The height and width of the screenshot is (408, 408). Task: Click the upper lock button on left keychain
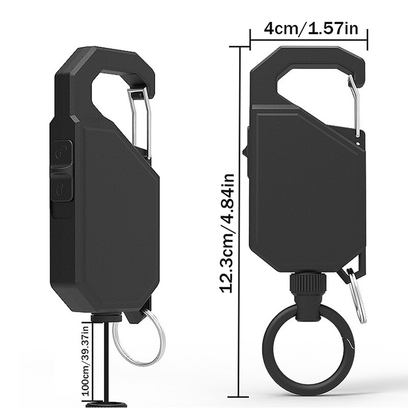[63, 151]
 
